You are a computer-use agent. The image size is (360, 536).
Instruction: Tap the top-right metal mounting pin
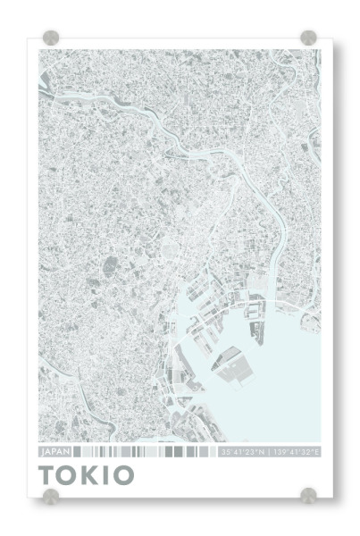point(308,38)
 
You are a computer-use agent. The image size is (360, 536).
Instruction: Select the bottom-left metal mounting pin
point(52,495)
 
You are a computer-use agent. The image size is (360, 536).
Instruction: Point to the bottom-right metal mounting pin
point(308,495)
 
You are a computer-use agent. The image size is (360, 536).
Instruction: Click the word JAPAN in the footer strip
point(54,453)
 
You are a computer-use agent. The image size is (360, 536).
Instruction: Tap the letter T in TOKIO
point(48,474)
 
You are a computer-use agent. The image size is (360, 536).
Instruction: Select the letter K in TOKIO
point(93,474)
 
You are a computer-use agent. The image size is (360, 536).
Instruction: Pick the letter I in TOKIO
point(110,474)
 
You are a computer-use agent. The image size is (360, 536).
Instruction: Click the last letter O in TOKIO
point(127,474)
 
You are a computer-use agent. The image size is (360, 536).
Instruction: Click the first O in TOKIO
point(70,474)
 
